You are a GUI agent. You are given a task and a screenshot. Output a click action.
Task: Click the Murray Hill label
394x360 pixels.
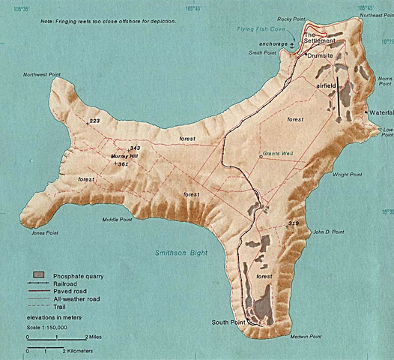(x=124, y=156)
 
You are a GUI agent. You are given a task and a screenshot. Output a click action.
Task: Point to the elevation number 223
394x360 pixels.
(x=94, y=121)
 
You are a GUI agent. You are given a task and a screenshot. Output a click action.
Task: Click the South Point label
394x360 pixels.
(x=230, y=322)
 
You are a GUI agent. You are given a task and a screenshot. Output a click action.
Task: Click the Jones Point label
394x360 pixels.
(x=45, y=233)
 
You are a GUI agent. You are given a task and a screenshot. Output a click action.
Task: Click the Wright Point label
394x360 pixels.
(x=347, y=175)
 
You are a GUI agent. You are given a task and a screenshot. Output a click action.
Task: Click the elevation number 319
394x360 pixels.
(x=293, y=224)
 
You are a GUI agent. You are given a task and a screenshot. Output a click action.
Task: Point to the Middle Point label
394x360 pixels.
(x=117, y=220)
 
